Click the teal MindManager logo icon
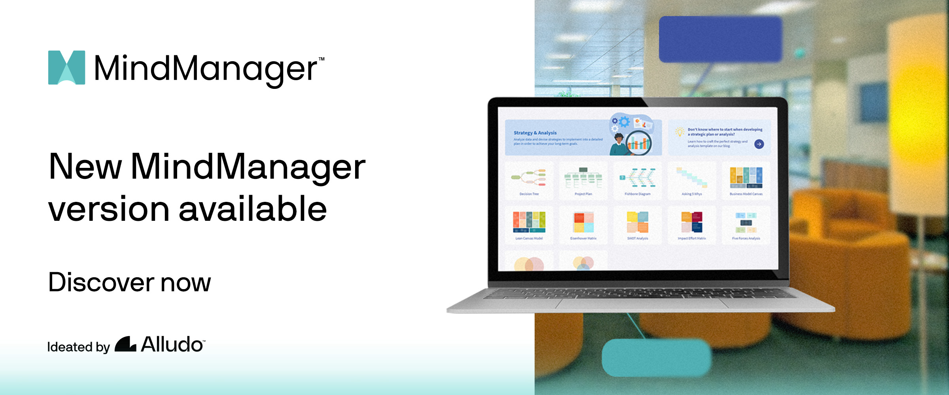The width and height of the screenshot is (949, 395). [66, 67]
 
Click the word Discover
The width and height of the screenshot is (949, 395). [101, 282]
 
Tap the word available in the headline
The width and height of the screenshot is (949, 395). [253, 209]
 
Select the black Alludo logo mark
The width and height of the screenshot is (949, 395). [125, 344]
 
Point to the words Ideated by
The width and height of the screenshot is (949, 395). [78, 347]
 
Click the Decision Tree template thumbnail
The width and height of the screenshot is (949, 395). [529, 180]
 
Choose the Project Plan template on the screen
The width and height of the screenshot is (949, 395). [583, 180]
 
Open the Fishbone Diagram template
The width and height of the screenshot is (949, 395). [637, 180]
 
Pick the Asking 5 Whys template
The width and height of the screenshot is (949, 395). [692, 180]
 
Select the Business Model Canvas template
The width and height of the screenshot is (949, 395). [746, 180]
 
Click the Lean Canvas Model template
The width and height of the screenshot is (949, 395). [529, 224]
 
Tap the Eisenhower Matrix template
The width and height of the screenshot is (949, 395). [583, 224]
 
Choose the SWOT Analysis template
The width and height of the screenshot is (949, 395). [637, 224]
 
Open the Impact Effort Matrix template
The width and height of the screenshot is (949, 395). [692, 224]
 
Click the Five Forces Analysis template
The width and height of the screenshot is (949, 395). [746, 224]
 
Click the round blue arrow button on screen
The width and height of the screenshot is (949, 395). [759, 144]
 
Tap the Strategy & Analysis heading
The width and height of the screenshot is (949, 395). [535, 133]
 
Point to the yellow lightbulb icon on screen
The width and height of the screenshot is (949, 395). [679, 132]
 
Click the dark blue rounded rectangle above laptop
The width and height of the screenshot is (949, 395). [720, 39]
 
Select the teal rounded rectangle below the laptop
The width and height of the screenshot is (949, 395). [656, 357]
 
